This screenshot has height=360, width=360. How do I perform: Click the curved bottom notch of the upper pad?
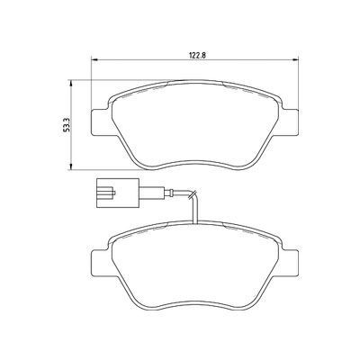point(196,164)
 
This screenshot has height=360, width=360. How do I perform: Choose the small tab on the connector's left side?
point(92,192)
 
